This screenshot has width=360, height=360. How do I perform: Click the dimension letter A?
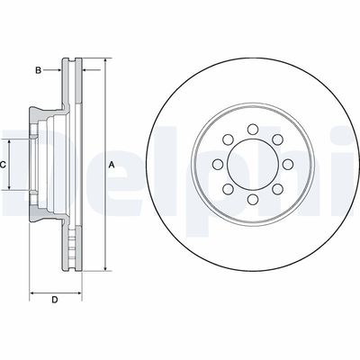[112, 165]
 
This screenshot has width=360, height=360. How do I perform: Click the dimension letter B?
[38, 69]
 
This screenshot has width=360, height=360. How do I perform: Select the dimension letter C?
[4, 165]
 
